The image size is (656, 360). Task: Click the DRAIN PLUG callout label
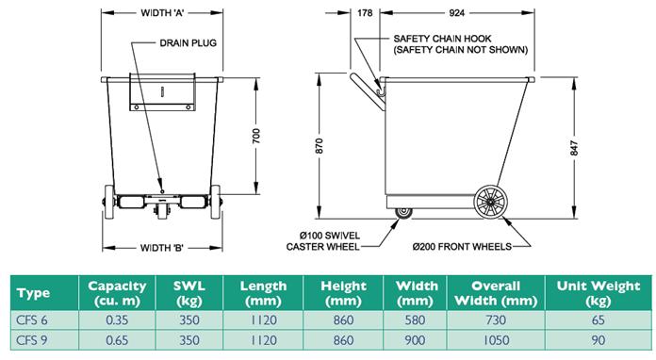(188, 43)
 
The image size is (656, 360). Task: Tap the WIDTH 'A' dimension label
(162, 13)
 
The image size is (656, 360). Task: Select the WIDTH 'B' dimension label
(162, 248)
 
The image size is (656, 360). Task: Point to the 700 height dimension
(256, 136)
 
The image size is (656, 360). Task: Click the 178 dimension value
(365, 13)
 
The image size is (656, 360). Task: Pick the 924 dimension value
(456, 13)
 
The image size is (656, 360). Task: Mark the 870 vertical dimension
(320, 145)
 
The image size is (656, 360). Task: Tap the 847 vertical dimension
(574, 149)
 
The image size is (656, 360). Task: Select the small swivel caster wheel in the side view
(403, 212)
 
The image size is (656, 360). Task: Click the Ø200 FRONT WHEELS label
(462, 247)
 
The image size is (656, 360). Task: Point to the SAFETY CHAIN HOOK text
(442, 39)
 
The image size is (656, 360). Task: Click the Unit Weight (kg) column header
(599, 293)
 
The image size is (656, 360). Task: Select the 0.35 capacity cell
(117, 320)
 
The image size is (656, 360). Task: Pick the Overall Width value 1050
(496, 340)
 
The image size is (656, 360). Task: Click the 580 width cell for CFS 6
(415, 320)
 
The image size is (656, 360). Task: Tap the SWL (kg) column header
(189, 293)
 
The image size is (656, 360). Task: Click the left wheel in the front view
(108, 203)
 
